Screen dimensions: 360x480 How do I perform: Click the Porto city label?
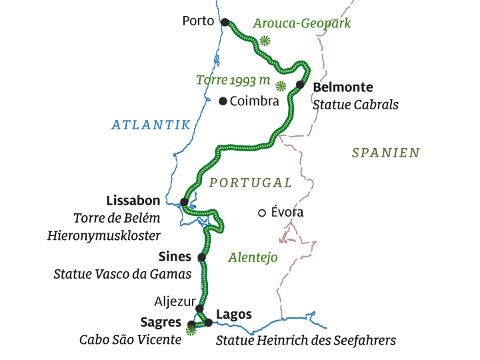198,21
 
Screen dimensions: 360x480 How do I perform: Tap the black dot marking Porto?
225,21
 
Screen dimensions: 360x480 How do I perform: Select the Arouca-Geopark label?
301,23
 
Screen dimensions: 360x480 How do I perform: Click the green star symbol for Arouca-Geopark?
265,41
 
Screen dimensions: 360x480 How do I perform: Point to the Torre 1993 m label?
233,80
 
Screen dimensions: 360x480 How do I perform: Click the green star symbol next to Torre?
281,85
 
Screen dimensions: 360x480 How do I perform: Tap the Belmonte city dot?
300,85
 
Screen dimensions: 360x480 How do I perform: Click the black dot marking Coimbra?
223,101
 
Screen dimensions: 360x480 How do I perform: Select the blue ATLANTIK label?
151,125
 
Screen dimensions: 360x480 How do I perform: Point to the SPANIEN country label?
385,153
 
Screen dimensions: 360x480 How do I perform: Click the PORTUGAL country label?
250,183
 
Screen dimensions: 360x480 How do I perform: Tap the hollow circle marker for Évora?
262,213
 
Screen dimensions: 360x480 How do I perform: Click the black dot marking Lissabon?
184,201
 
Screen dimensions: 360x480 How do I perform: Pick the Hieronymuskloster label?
103,235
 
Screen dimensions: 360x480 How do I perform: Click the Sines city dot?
201,257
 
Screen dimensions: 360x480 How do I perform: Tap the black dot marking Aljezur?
199,309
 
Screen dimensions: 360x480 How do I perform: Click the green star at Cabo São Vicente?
191,329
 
